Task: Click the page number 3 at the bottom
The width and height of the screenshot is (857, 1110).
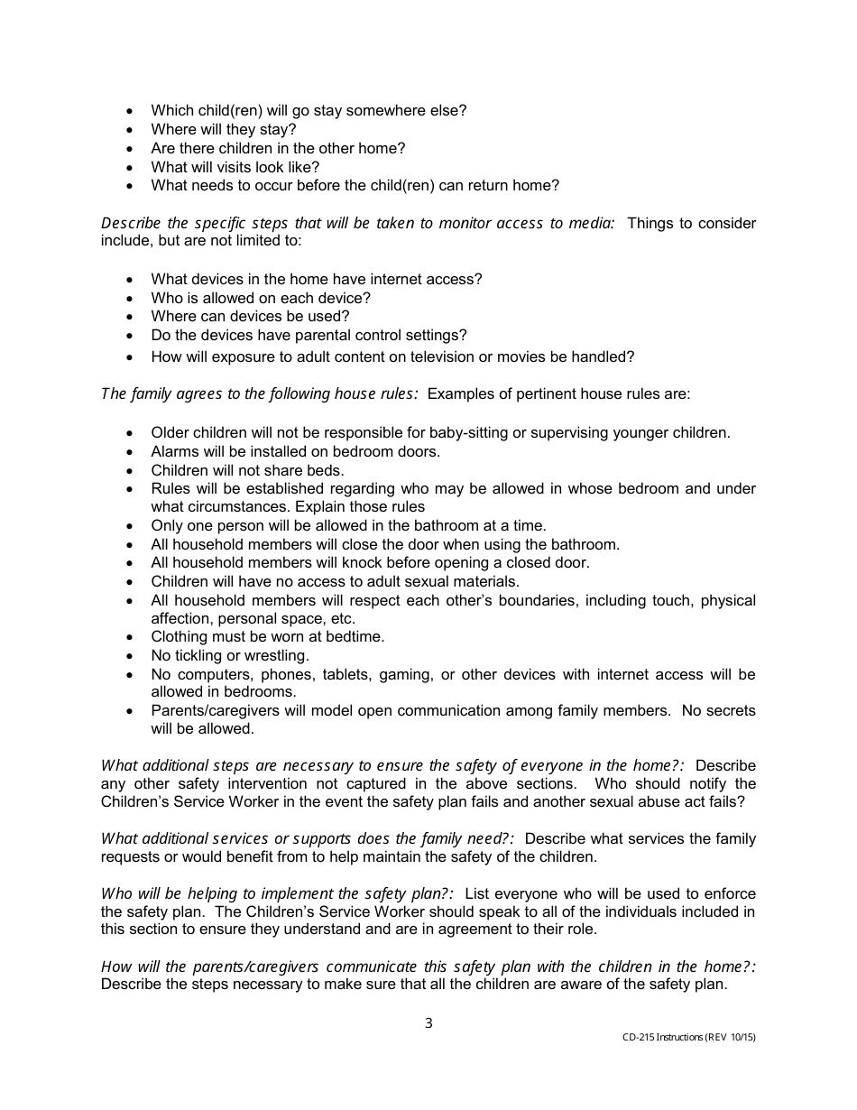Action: (x=428, y=1023)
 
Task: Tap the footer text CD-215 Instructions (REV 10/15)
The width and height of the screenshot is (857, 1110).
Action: (x=688, y=1038)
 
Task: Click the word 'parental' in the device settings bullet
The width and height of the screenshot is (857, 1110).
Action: (x=323, y=335)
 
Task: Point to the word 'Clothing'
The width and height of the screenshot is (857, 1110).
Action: (x=180, y=637)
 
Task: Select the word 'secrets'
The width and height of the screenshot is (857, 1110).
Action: (x=730, y=711)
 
